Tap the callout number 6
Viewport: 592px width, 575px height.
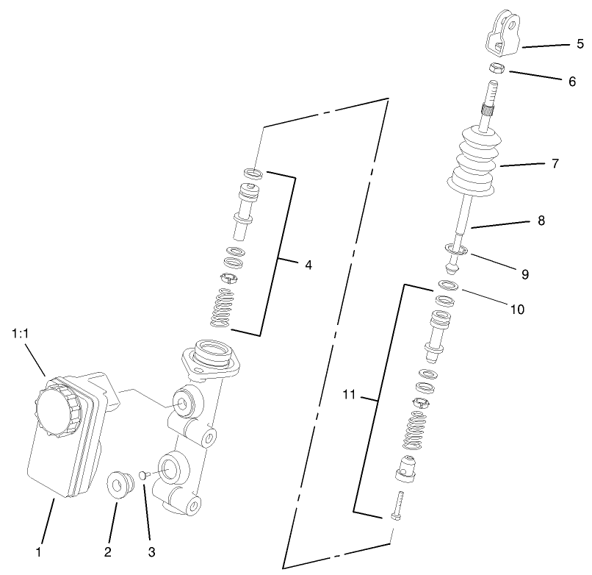pos(571,82)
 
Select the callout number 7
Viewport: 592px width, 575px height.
pos(555,163)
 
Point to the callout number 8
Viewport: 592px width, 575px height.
pos(541,219)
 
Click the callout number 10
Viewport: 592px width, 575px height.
pos(517,309)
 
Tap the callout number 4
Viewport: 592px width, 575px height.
pos(308,265)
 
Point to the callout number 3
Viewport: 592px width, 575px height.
pos(152,551)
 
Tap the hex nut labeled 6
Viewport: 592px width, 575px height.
pos(497,68)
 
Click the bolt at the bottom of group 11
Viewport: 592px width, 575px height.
pos(397,507)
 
